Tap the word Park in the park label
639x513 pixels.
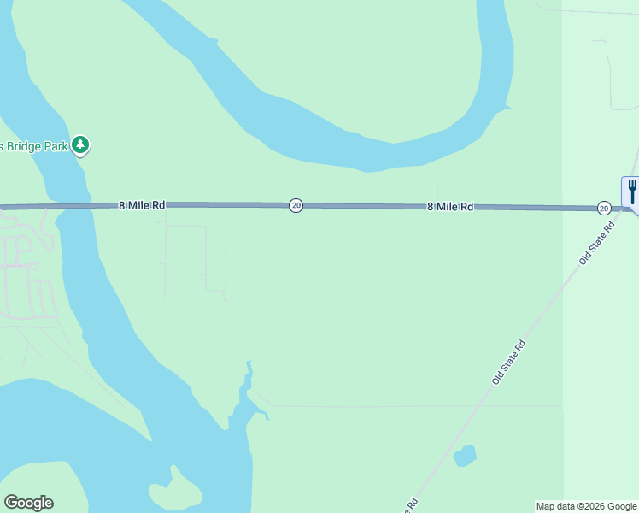coord(56,145)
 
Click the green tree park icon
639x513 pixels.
coord(80,144)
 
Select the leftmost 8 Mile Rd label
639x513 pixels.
coord(142,205)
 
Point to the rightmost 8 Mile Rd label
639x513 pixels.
coord(450,207)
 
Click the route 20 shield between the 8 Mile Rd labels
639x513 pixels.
coord(296,205)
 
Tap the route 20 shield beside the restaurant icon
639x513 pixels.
coord(604,208)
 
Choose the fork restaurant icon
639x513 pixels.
coord(631,191)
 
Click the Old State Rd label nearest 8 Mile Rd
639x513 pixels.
coord(597,244)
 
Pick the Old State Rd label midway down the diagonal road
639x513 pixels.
coord(509,361)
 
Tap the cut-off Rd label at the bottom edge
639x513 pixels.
coord(412,503)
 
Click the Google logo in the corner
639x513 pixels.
coord(28,503)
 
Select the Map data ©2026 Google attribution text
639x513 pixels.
coord(586,506)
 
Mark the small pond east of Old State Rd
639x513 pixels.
coord(465,456)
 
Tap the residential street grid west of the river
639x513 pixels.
coord(26,274)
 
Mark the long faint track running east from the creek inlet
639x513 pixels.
coord(410,406)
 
